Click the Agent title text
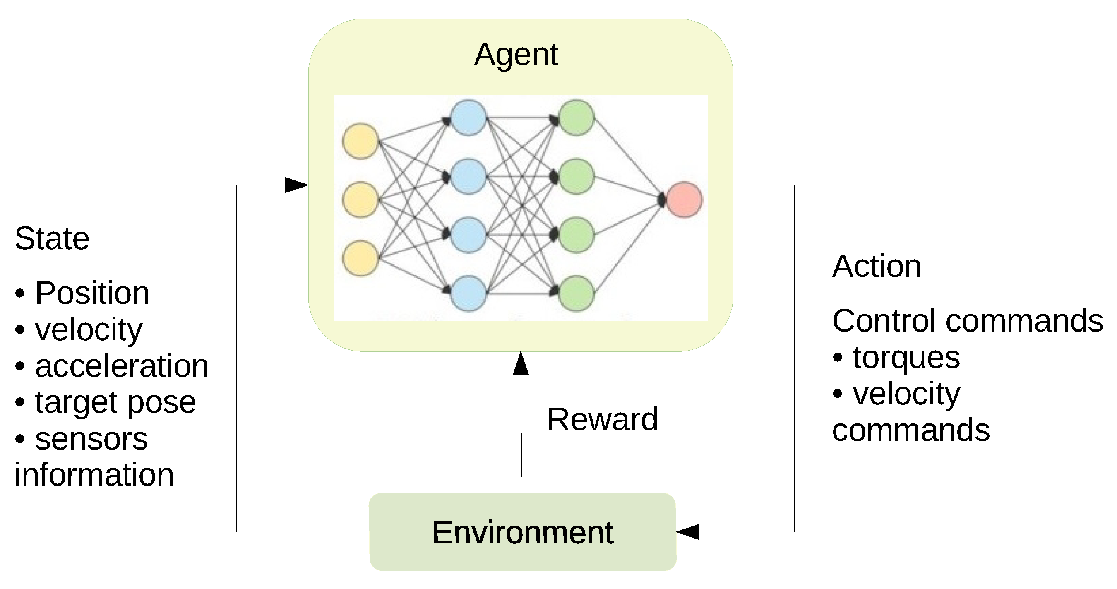(516, 55)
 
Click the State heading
(52, 238)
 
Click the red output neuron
(684, 200)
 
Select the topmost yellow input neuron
(360, 141)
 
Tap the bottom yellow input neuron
(360, 259)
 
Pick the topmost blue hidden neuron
(468, 118)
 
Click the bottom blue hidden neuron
(468, 293)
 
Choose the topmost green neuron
(576, 118)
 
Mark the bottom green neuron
(576, 293)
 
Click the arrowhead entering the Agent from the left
(297, 185)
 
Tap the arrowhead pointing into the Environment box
(688, 532)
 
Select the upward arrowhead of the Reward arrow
(521, 363)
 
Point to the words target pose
(115, 402)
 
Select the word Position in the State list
(92, 293)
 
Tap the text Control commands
(967, 321)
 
